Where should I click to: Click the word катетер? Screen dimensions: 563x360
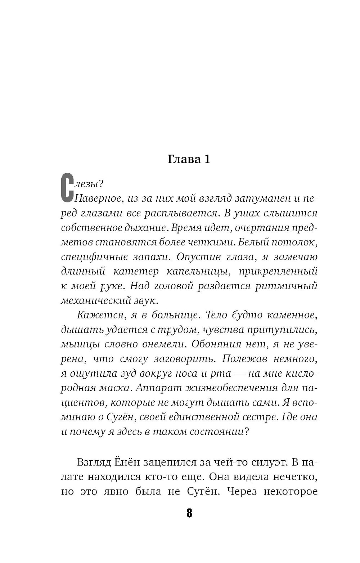point(138,271)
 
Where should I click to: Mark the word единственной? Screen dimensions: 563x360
point(202,417)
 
